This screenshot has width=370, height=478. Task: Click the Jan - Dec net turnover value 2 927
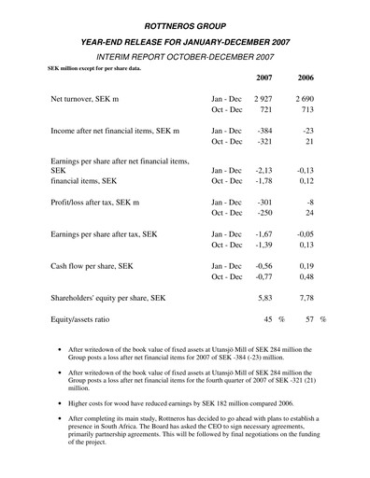pos(264,97)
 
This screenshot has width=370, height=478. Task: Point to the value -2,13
pos(267,170)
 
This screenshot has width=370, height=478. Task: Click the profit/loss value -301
pos(267,203)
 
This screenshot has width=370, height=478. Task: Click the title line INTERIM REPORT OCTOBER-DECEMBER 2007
pos(185,57)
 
